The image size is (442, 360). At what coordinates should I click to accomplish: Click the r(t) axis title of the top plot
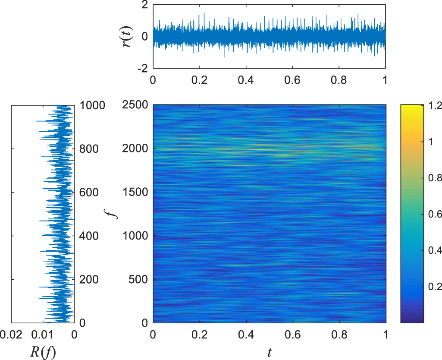[128, 36]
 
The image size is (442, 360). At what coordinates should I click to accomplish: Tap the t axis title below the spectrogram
[269, 352]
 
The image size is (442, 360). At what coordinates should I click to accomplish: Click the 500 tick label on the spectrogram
[139, 279]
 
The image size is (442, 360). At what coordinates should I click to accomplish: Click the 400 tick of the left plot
[89, 236]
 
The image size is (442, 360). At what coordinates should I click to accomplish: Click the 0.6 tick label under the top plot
[292, 80]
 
